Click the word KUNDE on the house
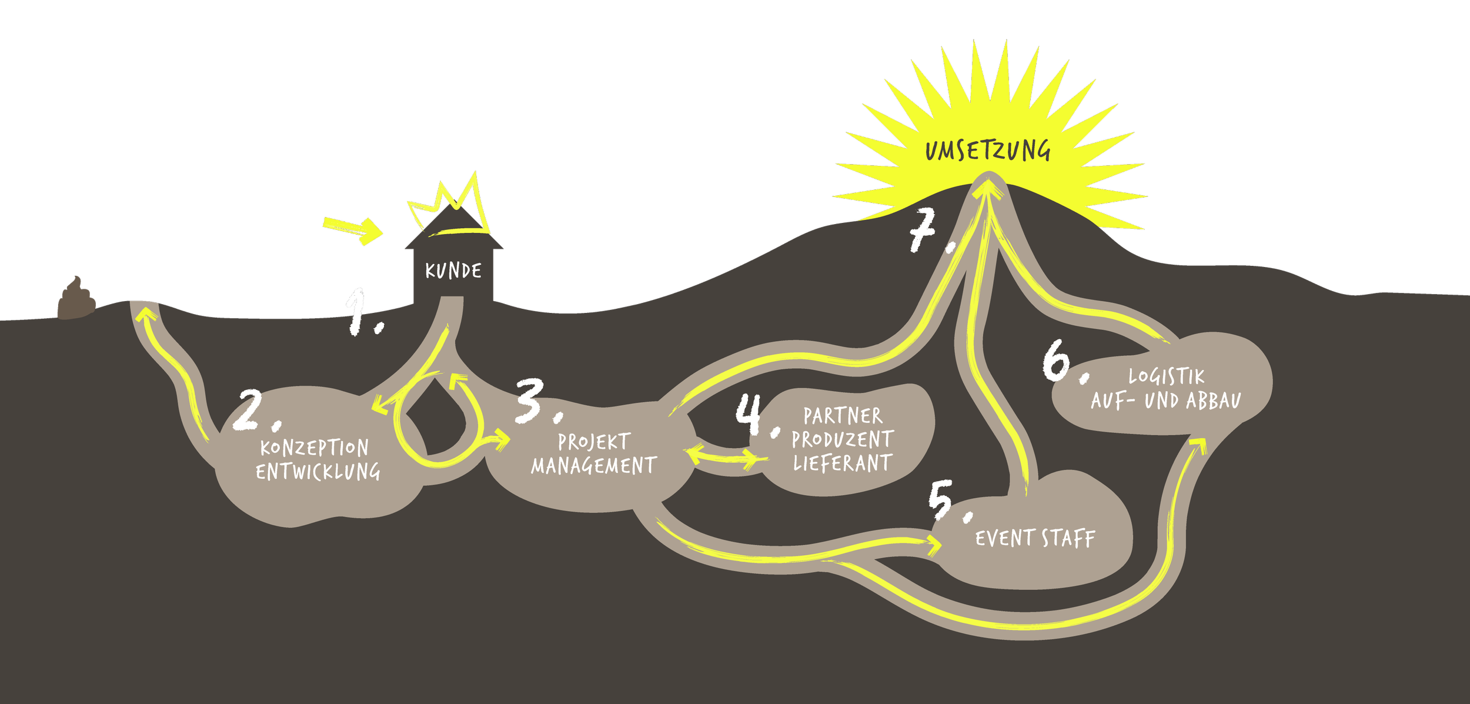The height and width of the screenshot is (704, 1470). pyautogui.click(x=453, y=271)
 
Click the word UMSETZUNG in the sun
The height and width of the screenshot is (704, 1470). pyautogui.click(x=988, y=151)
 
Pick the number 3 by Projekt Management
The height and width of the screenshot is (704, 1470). pyautogui.click(x=530, y=401)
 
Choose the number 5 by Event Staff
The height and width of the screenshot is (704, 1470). pyautogui.click(x=942, y=500)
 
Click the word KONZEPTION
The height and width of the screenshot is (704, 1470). pyautogui.click(x=315, y=448)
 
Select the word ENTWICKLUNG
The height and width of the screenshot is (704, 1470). pyautogui.click(x=318, y=472)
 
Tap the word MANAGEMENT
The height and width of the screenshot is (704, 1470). pyautogui.click(x=594, y=466)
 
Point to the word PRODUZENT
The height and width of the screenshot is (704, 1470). pyautogui.click(x=843, y=439)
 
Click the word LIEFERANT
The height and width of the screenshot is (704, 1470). pyautogui.click(x=843, y=463)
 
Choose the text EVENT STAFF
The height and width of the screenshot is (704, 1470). pyautogui.click(x=1035, y=539)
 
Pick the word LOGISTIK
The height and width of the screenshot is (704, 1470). pyautogui.click(x=1166, y=376)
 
